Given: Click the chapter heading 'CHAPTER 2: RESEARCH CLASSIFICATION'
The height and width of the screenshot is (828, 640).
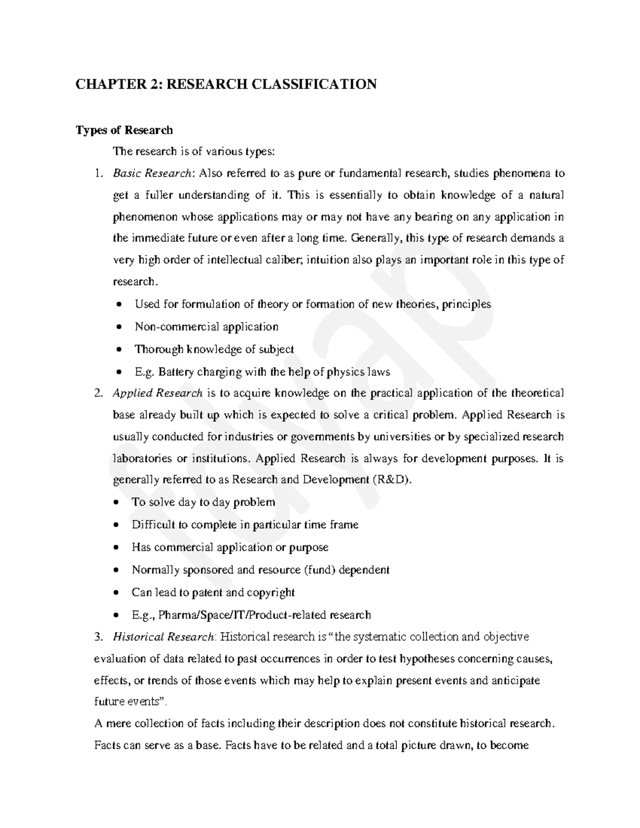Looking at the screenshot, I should [226, 84].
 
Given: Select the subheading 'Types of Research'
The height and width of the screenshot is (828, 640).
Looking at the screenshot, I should [124, 130].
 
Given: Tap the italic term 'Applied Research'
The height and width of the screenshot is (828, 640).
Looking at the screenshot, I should [157, 393].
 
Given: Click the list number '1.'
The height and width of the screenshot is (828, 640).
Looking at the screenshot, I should [97, 173].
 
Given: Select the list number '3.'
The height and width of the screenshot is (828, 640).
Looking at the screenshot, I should [97, 637].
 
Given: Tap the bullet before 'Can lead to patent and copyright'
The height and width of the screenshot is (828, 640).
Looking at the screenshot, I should [117, 593].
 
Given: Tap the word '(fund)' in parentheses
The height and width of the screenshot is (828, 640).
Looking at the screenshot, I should [320, 570].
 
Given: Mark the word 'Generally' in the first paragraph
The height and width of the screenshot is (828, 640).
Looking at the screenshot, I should [377, 238].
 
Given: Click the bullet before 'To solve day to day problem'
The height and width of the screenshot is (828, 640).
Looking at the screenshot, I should [117, 502].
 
